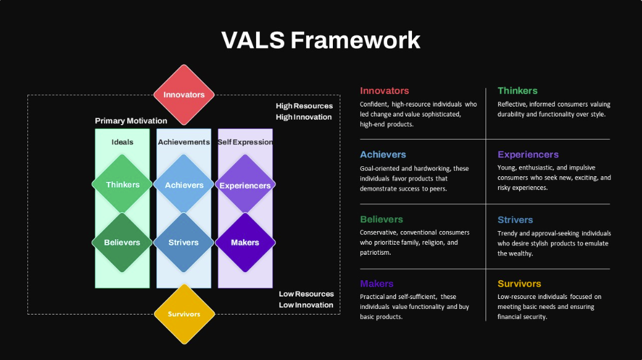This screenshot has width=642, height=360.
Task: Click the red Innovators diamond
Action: coord(184,95)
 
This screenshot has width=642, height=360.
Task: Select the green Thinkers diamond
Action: coord(122,184)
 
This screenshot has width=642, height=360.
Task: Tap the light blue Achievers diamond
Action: coord(184,184)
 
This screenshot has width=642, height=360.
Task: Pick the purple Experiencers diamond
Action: coord(245,185)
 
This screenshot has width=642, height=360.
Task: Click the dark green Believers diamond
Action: coord(122,242)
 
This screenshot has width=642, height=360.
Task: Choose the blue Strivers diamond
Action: coord(184,242)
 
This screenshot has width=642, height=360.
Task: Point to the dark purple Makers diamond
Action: coord(245,242)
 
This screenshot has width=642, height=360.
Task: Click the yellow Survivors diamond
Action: coord(184,314)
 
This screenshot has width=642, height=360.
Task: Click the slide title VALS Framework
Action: coord(321,40)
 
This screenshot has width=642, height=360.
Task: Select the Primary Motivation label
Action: coord(131,121)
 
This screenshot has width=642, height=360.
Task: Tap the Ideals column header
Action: coord(122,142)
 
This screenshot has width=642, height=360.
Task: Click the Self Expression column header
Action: coord(245,142)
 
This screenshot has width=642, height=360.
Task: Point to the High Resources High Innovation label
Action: coord(304,111)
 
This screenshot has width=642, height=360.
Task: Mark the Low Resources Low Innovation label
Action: coord(305,300)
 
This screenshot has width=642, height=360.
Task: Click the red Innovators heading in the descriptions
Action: coord(385,91)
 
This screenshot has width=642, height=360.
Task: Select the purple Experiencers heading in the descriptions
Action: coord(528,154)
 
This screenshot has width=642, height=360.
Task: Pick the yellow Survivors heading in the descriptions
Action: coord(519,283)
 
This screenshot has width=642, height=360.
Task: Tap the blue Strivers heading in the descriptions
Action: coord(515,219)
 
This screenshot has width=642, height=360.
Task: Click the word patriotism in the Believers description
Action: coord(376,253)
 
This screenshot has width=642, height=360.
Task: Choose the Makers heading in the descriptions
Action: coord(376,283)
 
